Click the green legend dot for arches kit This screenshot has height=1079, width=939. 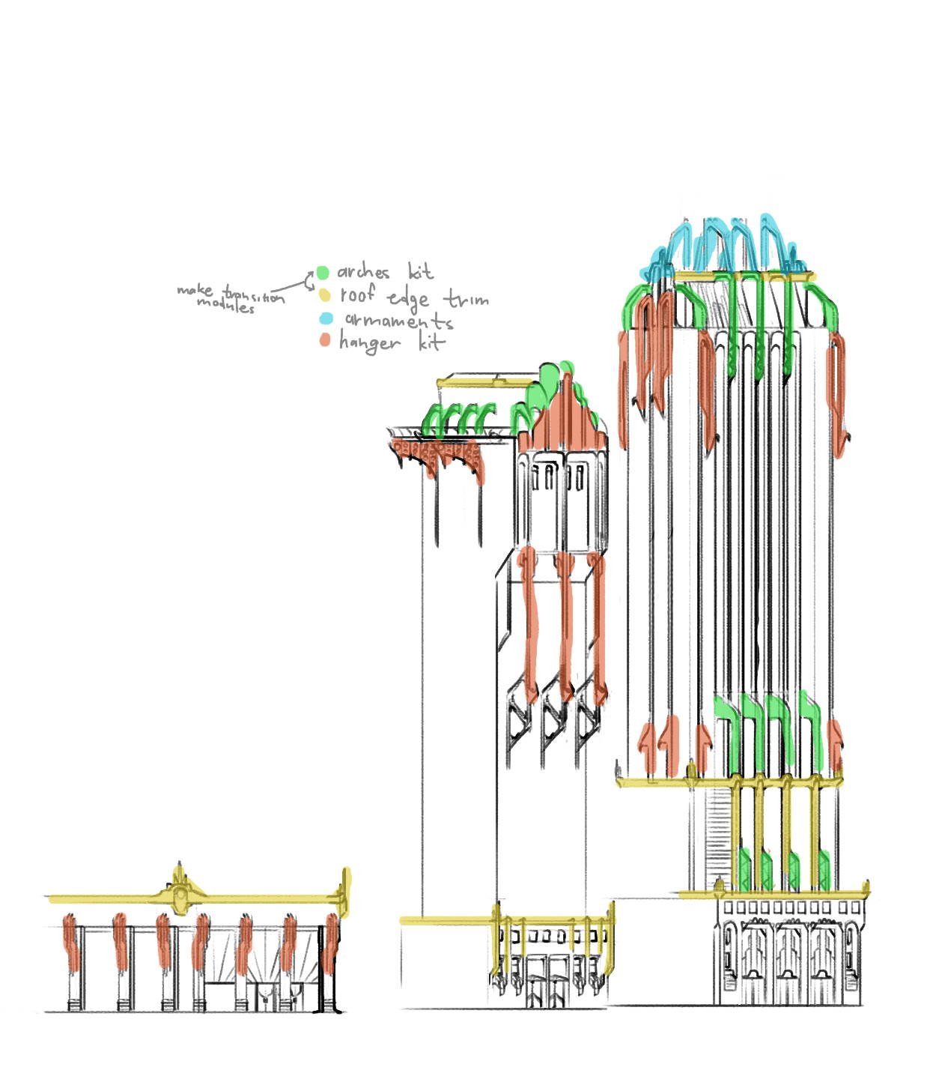tap(322, 273)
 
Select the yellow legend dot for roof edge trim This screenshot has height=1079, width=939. tap(324, 295)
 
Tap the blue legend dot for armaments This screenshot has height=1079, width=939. tap(326, 318)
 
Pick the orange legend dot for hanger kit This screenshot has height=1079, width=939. tap(324, 340)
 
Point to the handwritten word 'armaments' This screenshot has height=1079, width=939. tap(398, 321)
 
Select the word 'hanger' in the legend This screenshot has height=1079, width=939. tap(369, 343)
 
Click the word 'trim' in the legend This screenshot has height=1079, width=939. tap(466, 299)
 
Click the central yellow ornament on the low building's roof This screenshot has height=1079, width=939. tap(180, 893)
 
